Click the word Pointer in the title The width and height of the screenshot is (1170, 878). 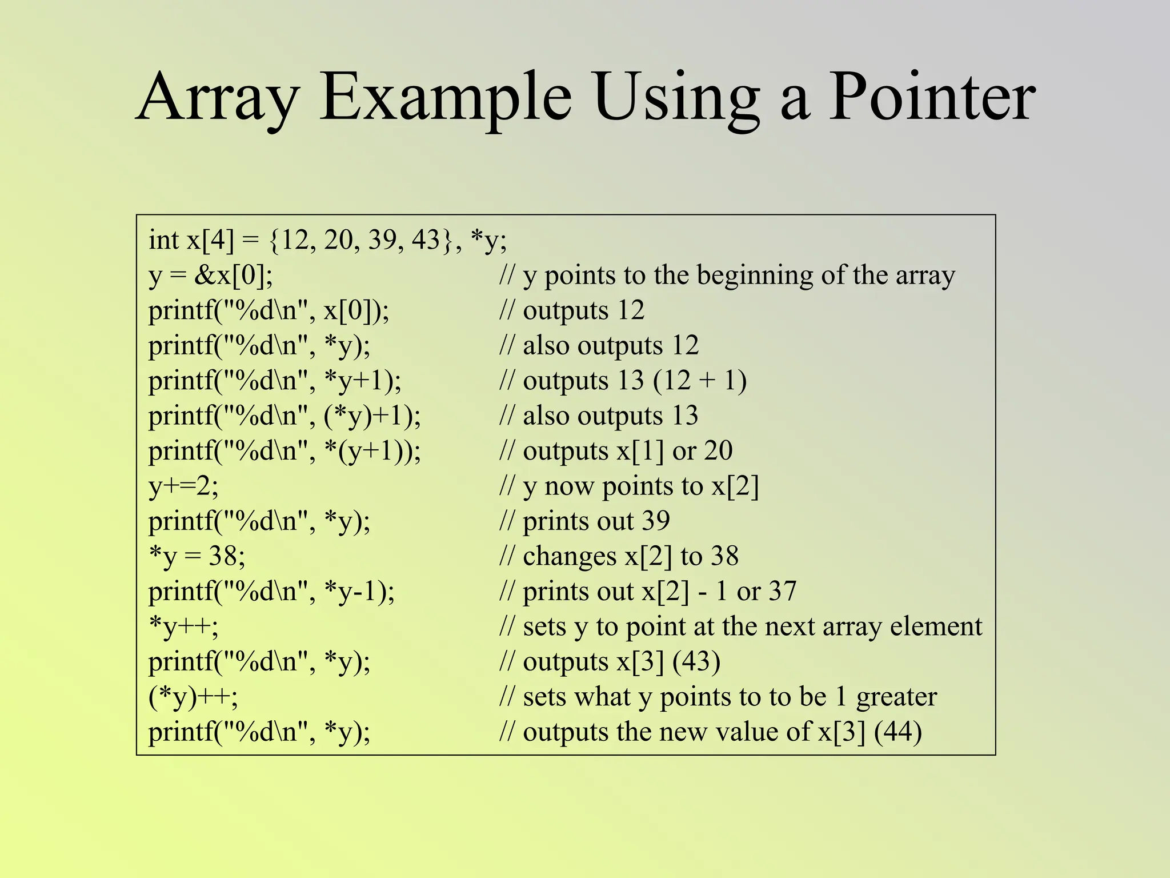click(x=931, y=97)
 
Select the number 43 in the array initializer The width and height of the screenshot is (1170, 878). click(x=426, y=240)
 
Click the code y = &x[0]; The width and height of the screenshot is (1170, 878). click(x=211, y=276)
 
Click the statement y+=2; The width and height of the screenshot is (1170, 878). click(x=183, y=486)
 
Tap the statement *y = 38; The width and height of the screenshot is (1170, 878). click(x=197, y=556)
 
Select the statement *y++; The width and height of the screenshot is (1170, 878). click(x=183, y=626)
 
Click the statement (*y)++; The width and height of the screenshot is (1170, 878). click(x=193, y=697)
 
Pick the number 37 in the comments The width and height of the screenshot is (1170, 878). click(x=782, y=591)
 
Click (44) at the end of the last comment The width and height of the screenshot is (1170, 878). click(x=898, y=732)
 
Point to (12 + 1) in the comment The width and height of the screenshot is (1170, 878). click(x=700, y=381)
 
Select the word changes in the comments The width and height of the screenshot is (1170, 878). click(x=570, y=556)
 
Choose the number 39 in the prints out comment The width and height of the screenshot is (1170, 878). click(x=656, y=521)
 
